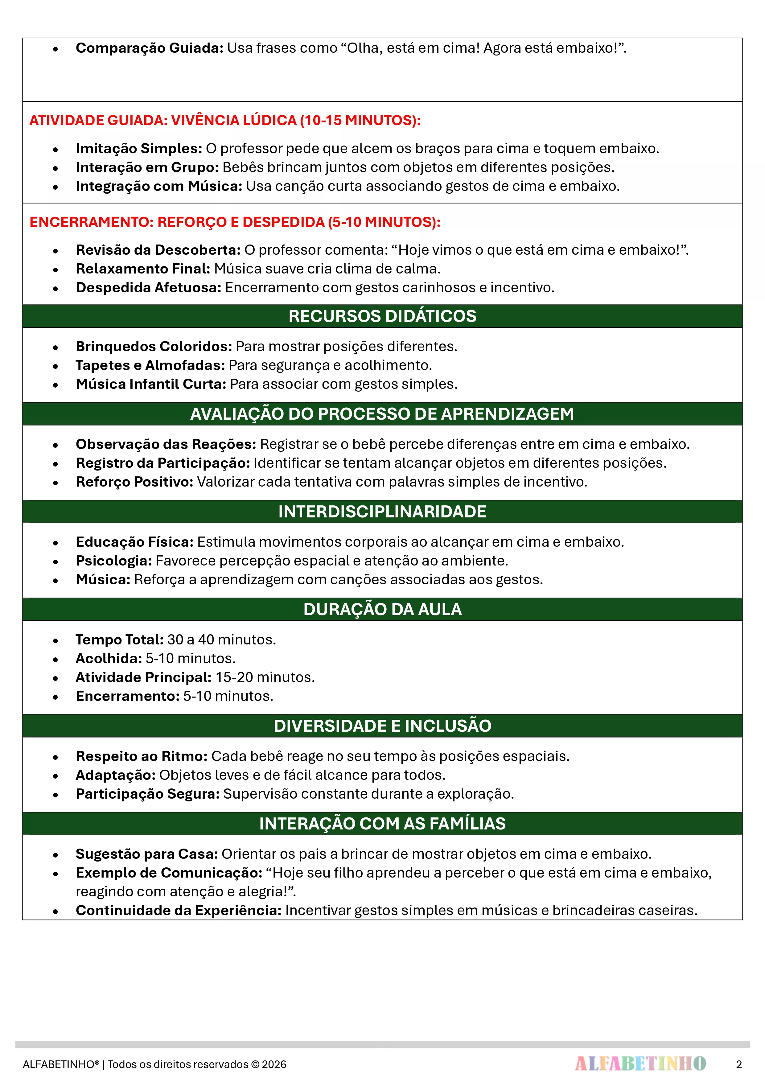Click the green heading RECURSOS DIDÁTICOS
tap(382, 316)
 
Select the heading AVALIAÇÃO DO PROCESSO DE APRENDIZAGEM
tap(382, 414)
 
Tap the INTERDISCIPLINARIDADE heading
tap(382, 512)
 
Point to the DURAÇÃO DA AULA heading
tap(382, 609)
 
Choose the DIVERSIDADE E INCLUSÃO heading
tap(382, 726)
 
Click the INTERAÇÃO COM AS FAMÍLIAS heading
tap(382, 824)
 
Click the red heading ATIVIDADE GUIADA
tap(225, 121)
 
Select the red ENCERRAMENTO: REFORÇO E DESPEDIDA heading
tap(235, 222)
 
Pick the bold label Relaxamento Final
tap(143, 269)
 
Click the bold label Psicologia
tap(113, 561)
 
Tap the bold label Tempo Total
tap(120, 640)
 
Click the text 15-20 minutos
tap(265, 677)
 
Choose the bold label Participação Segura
tap(147, 794)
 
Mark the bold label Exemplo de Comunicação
tap(169, 873)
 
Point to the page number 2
tap(738, 1064)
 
